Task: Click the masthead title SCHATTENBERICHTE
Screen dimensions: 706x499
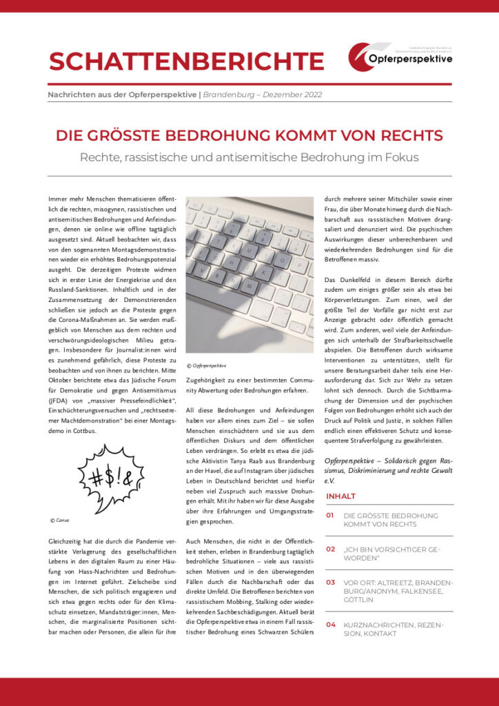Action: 186,61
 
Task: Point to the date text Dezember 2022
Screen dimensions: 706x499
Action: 292,95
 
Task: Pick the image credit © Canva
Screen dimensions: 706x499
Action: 60,519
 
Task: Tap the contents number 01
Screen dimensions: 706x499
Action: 330,515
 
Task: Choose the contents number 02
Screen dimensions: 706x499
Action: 330,549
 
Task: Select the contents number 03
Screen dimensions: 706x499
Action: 330,583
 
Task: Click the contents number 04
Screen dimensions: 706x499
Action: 330,624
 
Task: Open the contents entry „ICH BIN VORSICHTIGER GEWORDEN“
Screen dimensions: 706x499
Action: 391,554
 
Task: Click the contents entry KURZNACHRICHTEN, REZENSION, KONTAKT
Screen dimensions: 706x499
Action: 393,629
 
